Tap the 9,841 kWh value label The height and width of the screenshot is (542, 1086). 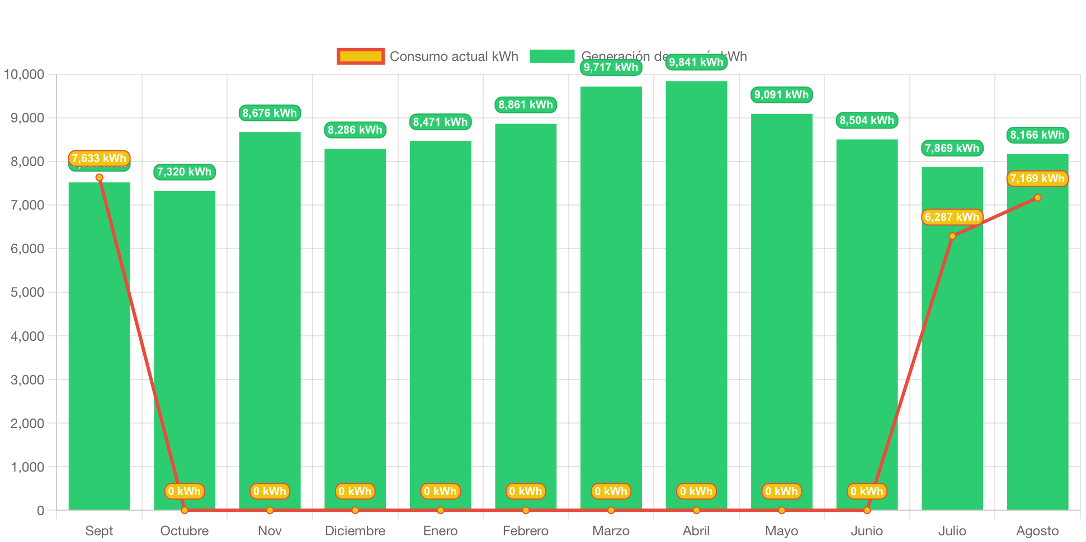[x=696, y=62]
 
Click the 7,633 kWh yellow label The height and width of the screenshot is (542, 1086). [x=99, y=158]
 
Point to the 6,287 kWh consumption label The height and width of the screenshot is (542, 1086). [x=952, y=217]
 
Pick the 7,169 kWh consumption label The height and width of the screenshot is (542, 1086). [x=1037, y=178]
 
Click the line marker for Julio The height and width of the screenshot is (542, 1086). [x=952, y=236]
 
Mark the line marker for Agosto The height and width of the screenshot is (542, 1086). [x=1037, y=198]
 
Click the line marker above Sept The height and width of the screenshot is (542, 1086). [x=99, y=178]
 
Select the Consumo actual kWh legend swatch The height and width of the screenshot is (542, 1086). [x=361, y=56]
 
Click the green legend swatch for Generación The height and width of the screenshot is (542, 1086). [x=552, y=56]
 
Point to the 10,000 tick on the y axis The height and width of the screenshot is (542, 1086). [x=24, y=74]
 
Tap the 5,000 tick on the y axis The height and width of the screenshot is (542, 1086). [x=27, y=292]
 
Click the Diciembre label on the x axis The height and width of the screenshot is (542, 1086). [x=355, y=530]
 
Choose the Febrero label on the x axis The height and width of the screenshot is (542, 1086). [x=526, y=530]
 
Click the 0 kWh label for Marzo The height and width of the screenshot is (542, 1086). [x=611, y=491]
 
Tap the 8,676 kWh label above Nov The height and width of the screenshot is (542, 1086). [x=270, y=113]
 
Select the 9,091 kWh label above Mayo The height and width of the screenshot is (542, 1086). [x=781, y=94]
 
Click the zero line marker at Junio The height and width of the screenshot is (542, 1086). [x=867, y=510]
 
